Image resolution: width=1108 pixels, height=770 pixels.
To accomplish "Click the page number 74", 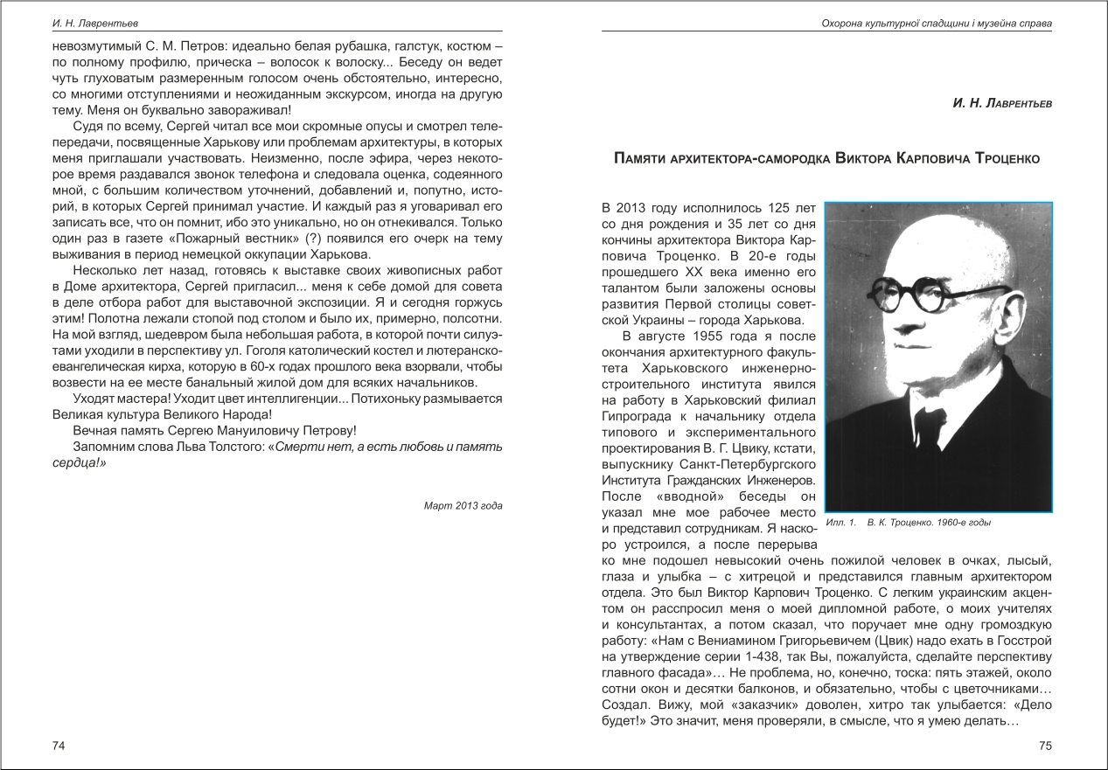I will coord(59,746).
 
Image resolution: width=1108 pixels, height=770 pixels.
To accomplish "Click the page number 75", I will coord(1044,746).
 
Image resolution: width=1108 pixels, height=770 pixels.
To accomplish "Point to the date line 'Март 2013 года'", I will coord(463,505).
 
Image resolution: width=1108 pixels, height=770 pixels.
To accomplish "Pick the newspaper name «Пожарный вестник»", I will coord(244,239).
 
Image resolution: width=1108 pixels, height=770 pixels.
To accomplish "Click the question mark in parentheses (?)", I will coord(313,239).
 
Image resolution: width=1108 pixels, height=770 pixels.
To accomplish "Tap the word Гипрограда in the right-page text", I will coord(639,416).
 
